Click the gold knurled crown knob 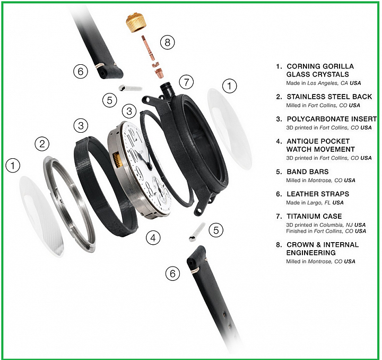click(x=136, y=24)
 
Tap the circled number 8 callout click(x=167, y=42)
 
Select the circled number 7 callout click(x=186, y=82)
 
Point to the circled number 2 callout click(x=42, y=144)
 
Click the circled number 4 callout click(x=153, y=238)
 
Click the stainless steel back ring click(x=70, y=204)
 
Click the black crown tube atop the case click(x=167, y=90)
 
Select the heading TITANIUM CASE click(x=314, y=216)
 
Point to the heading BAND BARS click(x=308, y=172)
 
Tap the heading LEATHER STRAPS click(x=318, y=194)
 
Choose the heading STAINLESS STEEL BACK click(x=329, y=97)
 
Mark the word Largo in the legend click(x=315, y=203)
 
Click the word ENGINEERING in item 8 click(x=311, y=253)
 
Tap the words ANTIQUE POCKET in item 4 click(x=318, y=141)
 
